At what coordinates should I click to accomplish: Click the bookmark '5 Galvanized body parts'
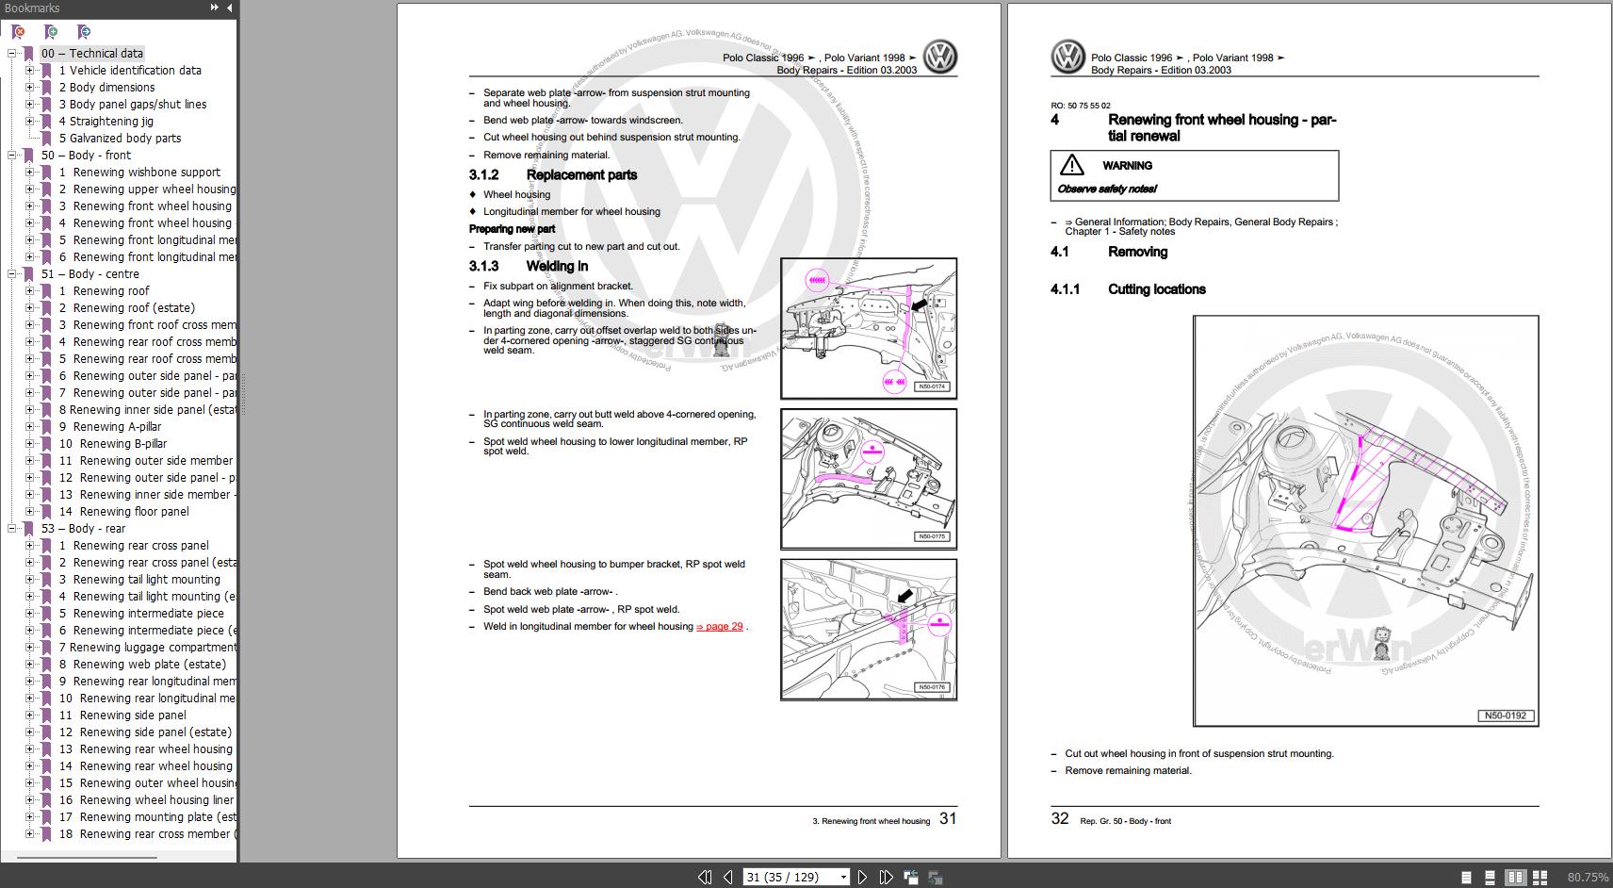[x=124, y=139]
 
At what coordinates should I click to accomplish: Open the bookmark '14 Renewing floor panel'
[x=134, y=512]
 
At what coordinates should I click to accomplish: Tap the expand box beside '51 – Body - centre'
[x=12, y=274]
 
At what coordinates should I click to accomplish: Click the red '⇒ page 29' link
[x=719, y=627]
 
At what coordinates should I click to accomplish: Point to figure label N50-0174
[x=932, y=386]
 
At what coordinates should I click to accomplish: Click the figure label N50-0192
[x=1505, y=715]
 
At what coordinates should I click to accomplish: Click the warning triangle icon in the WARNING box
[x=1071, y=166]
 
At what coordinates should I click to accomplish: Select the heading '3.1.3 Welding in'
[x=556, y=267]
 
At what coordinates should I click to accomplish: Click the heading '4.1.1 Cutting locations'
[x=1156, y=289]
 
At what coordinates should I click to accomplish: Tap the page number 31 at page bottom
[x=948, y=819]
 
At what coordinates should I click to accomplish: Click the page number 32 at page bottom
[x=1060, y=819]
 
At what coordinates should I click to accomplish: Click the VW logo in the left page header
[x=939, y=58]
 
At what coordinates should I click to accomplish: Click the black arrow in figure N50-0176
[x=905, y=596]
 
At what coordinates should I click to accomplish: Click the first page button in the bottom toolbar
[x=704, y=878]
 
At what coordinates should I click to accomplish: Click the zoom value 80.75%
[x=1588, y=878]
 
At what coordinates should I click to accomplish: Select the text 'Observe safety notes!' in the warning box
[x=1107, y=189]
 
